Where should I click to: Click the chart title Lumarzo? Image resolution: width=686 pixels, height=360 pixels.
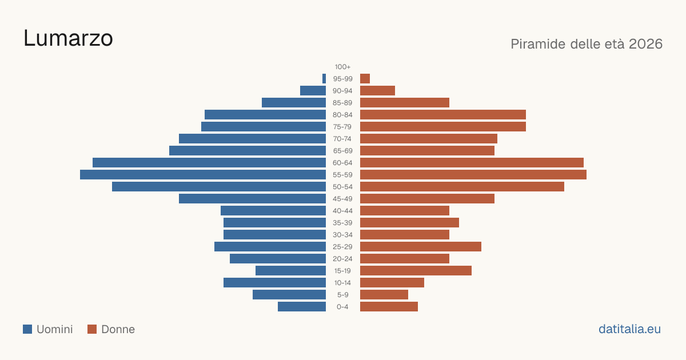point(68,38)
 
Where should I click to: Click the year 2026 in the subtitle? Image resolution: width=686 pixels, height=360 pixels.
point(645,44)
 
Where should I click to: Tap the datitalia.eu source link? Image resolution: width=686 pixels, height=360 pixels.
point(629,329)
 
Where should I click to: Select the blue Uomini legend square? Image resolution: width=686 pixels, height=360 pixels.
point(27,329)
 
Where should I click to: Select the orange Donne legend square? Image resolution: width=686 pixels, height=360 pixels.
point(92,329)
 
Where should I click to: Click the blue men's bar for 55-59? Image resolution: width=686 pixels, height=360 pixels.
point(203,174)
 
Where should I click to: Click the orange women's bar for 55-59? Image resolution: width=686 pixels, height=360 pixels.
point(473,174)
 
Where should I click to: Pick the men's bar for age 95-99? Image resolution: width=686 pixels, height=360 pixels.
point(324,79)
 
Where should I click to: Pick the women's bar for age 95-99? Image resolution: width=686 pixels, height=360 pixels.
point(365,79)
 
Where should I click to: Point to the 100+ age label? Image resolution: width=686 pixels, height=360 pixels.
point(342,67)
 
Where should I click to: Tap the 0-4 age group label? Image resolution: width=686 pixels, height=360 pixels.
point(342,307)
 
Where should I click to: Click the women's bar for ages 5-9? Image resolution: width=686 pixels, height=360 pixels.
point(384,294)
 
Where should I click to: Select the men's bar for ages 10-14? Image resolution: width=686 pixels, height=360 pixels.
point(275,282)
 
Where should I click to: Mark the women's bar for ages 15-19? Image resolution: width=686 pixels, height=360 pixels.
point(416,271)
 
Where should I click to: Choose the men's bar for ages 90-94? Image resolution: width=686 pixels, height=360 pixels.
point(313,91)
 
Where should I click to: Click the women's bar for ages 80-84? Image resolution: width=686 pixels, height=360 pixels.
point(443,114)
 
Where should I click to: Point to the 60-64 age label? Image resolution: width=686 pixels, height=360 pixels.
point(342,163)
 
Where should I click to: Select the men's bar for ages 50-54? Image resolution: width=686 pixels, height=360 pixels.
point(219,187)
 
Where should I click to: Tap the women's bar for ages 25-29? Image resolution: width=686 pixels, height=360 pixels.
point(421,247)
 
